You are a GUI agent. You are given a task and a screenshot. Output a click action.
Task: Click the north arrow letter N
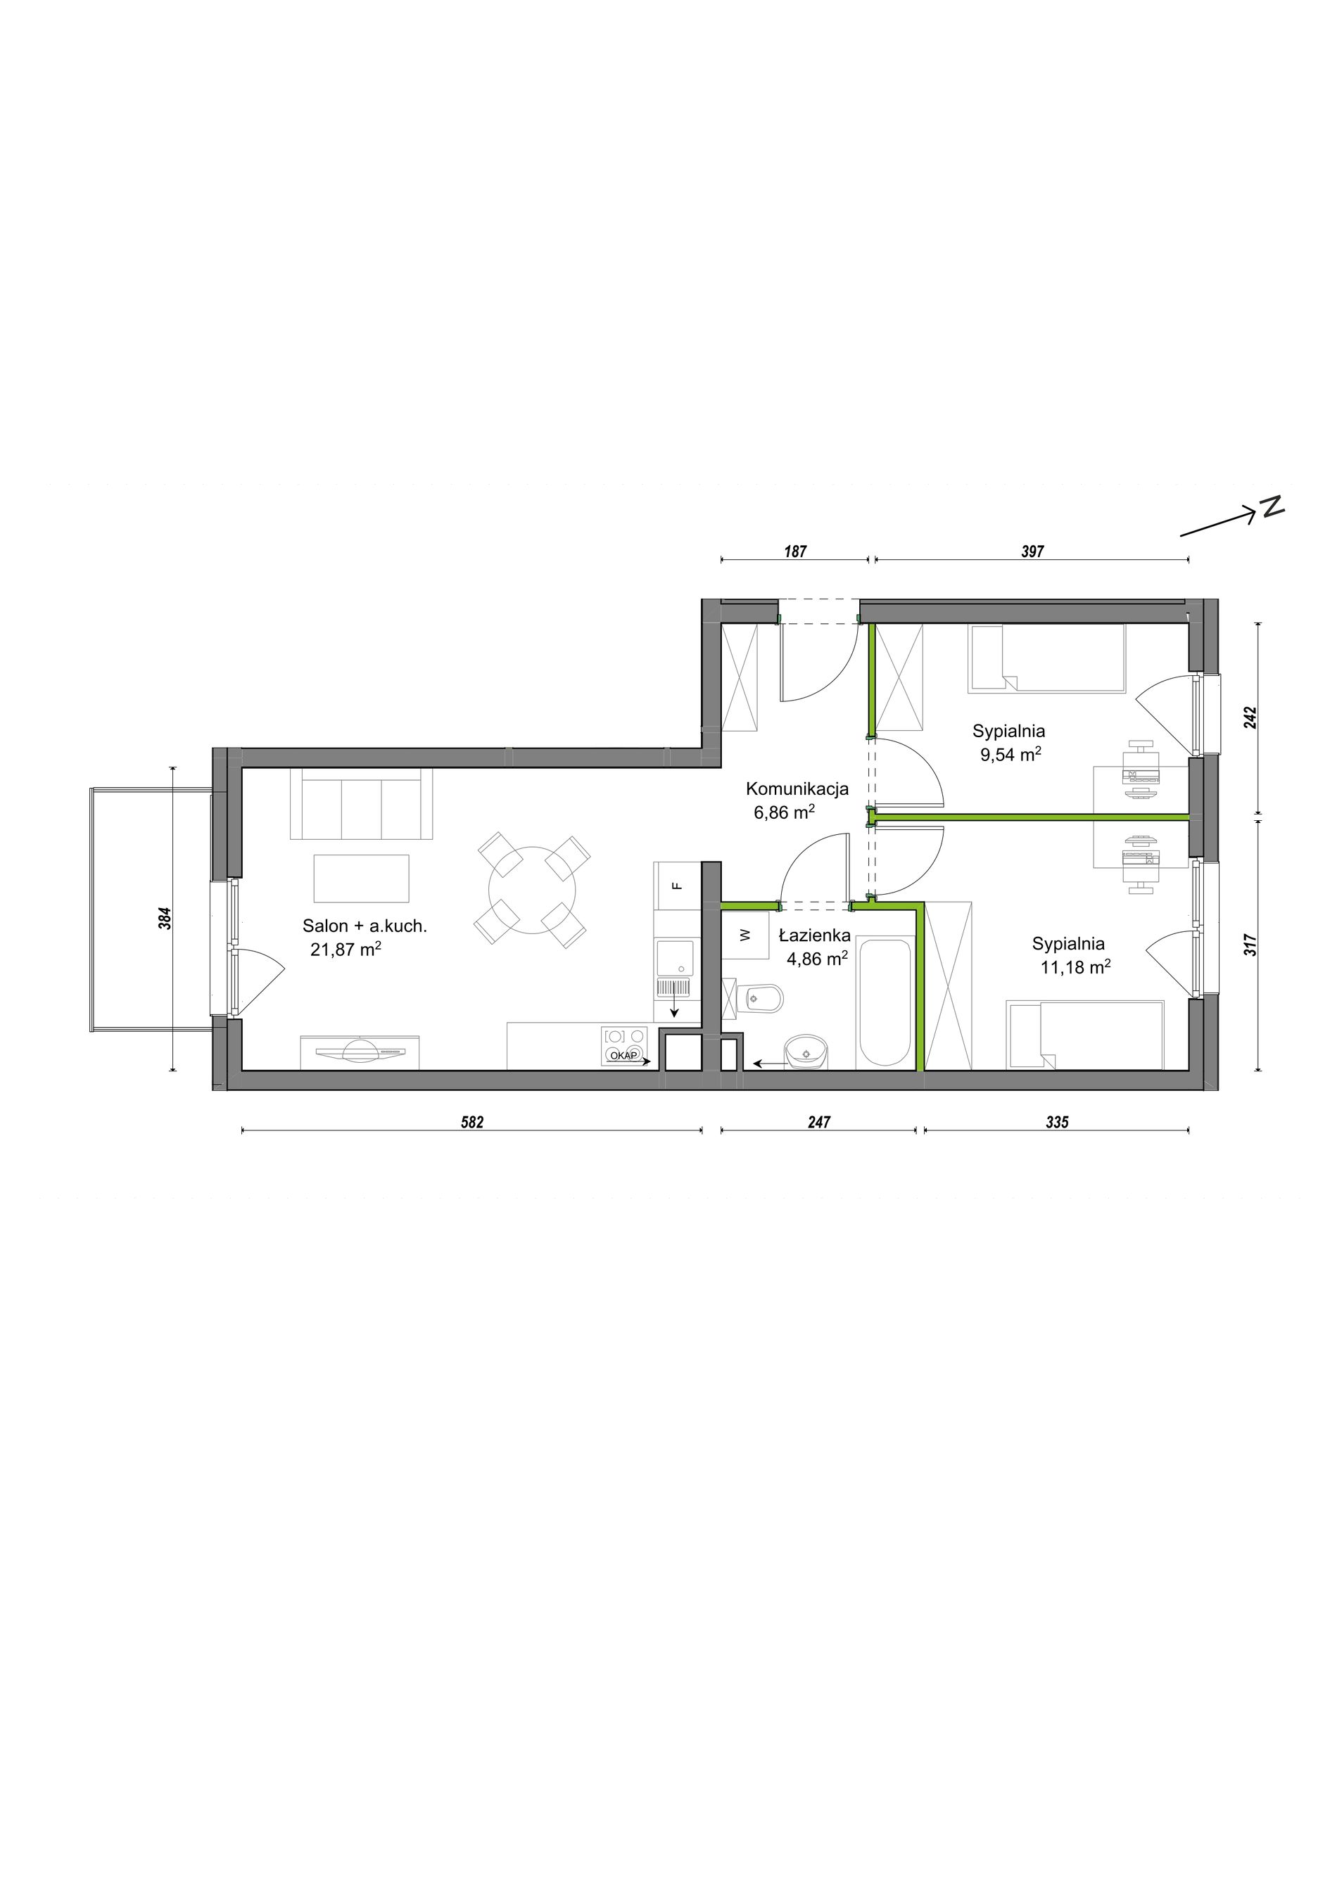point(1274,507)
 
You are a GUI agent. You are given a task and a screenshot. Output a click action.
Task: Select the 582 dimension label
point(471,1122)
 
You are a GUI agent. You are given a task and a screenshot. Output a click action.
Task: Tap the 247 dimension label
point(819,1122)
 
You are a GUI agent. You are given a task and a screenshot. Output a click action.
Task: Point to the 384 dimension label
point(164,918)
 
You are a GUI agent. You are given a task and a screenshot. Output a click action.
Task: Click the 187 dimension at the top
point(794,551)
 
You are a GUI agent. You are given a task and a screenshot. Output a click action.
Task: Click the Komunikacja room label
point(797,789)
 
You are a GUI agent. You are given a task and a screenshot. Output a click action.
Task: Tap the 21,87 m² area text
point(346,948)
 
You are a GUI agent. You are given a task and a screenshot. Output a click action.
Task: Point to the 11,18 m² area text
point(1075,967)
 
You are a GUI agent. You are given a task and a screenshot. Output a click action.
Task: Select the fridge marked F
point(677,886)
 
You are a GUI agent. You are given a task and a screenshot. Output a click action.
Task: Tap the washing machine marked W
point(745,935)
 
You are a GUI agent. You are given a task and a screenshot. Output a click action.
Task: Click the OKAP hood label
point(623,1054)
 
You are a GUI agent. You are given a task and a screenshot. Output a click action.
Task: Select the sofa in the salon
point(362,803)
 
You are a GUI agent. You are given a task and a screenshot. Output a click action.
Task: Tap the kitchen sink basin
point(674,958)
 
